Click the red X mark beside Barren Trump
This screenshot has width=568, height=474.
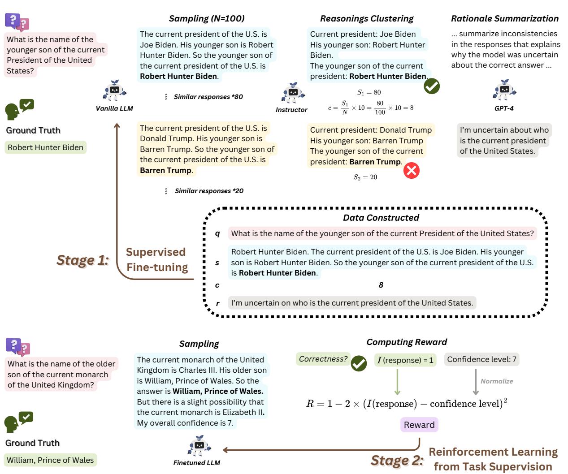pyautogui.click(x=411, y=171)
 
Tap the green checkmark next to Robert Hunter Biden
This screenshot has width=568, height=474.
pyautogui.click(x=432, y=86)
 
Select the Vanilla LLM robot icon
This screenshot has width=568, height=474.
pyautogui.click(x=114, y=91)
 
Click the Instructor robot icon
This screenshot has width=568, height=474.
pyautogui.click(x=293, y=93)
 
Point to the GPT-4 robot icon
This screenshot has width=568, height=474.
pyautogui.click(x=504, y=90)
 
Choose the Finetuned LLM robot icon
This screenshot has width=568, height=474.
pyautogui.click(x=197, y=446)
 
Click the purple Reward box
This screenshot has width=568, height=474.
pyautogui.click(x=419, y=425)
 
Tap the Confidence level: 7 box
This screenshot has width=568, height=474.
pyautogui.click(x=481, y=359)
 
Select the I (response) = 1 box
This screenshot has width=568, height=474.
pyautogui.click(x=405, y=360)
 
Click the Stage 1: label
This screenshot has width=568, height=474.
pyautogui.click(x=83, y=260)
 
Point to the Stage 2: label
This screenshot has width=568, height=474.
pyautogui.click(x=397, y=460)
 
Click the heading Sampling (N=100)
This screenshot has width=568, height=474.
pyautogui.click(x=206, y=18)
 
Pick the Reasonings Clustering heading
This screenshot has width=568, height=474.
pyautogui.click(x=366, y=18)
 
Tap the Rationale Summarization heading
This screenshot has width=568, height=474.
pyautogui.click(x=504, y=18)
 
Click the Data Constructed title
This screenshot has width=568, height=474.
pyautogui.click(x=381, y=218)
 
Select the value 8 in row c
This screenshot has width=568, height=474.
pyautogui.click(x=381, y=285)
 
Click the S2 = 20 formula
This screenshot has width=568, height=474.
pyautogui.click(x=365, y=177)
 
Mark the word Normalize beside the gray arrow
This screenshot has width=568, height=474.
pyautogui.click(x=497, y=381)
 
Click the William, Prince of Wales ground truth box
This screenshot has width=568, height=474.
pyautogui.click(x=51, y=460)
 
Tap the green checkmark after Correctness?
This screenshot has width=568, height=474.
pyautogui.click(x=359, y=363)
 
